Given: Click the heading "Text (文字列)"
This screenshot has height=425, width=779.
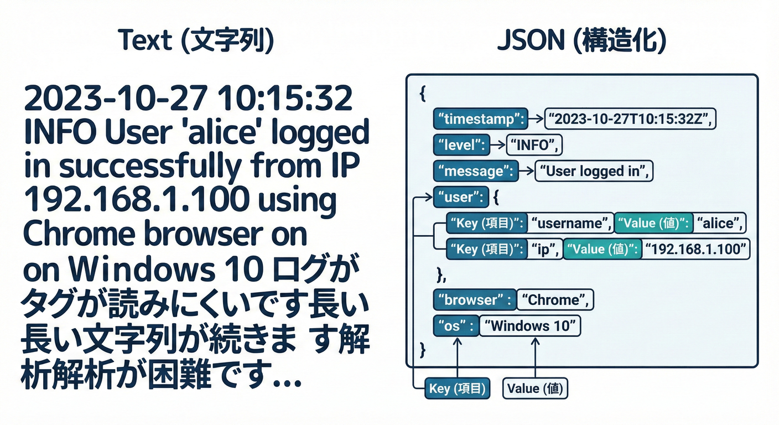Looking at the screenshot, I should click(196, 42).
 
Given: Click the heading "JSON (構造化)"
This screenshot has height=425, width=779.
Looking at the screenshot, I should click(581, 42).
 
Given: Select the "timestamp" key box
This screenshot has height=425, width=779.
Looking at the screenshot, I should click(479, 118).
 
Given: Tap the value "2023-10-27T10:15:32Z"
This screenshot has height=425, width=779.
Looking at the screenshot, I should click(631, 118).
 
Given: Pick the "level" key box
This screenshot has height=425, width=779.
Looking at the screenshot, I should click(460, 145).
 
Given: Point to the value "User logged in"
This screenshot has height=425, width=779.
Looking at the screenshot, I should click(594, 171).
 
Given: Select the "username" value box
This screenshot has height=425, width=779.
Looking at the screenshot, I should click(569, 223).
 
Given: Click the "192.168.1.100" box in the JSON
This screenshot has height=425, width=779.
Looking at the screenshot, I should click(697, 250).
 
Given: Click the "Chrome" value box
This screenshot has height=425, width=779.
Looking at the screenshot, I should click(555, 300).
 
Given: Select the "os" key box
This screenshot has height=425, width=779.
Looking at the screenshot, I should click(455, 326).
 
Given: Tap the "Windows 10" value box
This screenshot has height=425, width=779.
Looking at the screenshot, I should click(529, 326).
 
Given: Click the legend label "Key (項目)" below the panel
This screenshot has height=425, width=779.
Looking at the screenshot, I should click(457, 388).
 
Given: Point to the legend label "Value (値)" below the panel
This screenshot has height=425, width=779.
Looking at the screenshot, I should click(535, 388).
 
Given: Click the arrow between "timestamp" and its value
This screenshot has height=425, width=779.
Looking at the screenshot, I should click(536, 118).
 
